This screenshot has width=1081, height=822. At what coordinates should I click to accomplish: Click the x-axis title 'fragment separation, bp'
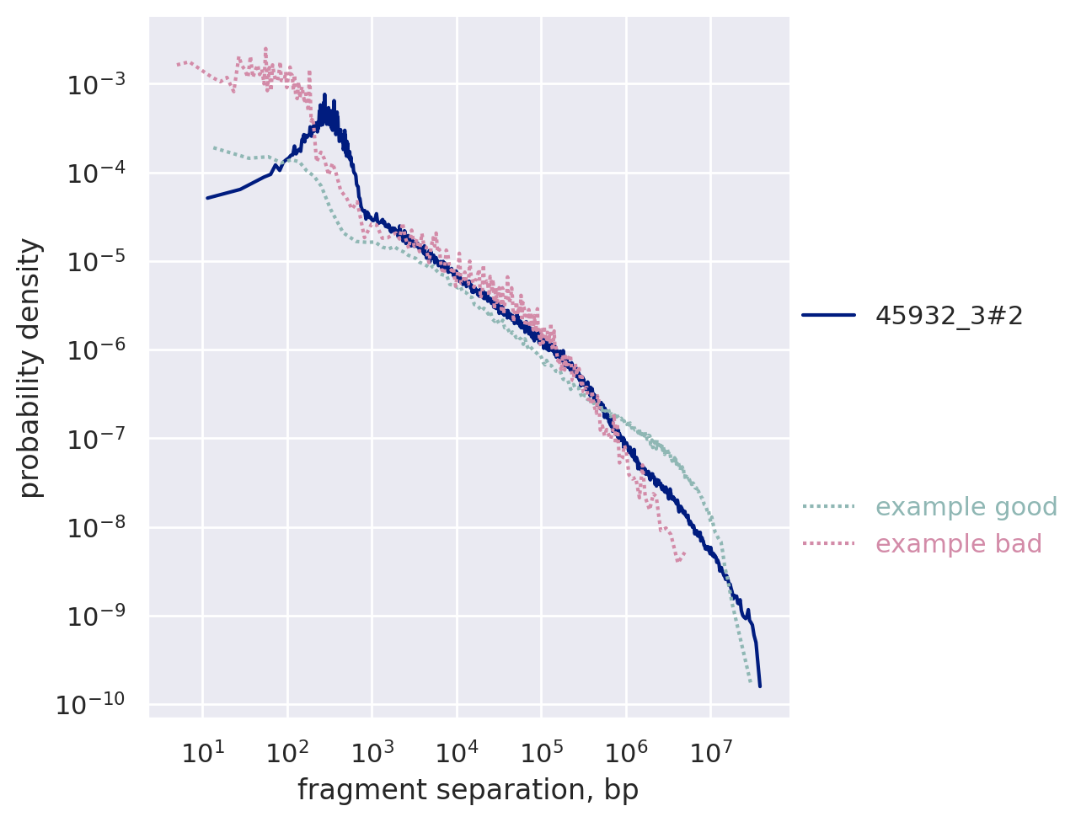[468, 790]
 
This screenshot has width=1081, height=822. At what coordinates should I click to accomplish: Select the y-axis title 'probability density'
[31, 367]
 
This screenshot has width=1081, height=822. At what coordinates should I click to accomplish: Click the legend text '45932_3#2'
[949, 316]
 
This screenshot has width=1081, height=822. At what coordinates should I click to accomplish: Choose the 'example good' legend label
[966, 507]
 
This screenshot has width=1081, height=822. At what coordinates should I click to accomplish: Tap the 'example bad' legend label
[959, 544]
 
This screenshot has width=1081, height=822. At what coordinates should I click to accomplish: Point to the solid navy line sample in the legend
[828, 316]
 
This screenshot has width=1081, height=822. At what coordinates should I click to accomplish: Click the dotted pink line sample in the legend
[828, 544]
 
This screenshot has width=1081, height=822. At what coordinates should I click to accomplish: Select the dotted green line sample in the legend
[828, 507]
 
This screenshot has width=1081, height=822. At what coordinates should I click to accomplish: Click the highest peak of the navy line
[324, 95]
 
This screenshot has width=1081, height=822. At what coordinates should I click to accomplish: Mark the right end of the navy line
[759, 686]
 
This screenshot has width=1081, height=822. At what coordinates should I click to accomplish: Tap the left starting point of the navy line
[207, 198]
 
